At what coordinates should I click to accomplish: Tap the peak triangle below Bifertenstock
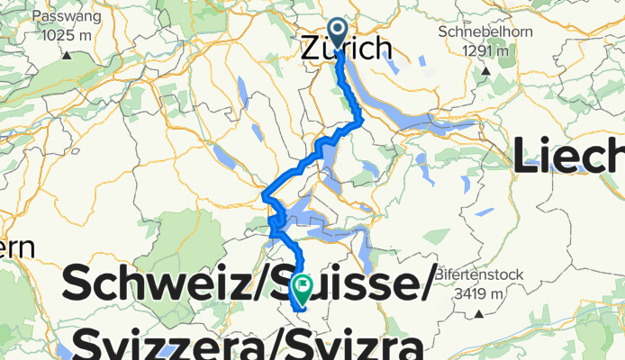point(479,312)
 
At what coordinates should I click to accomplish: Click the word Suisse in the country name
point(360,286)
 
